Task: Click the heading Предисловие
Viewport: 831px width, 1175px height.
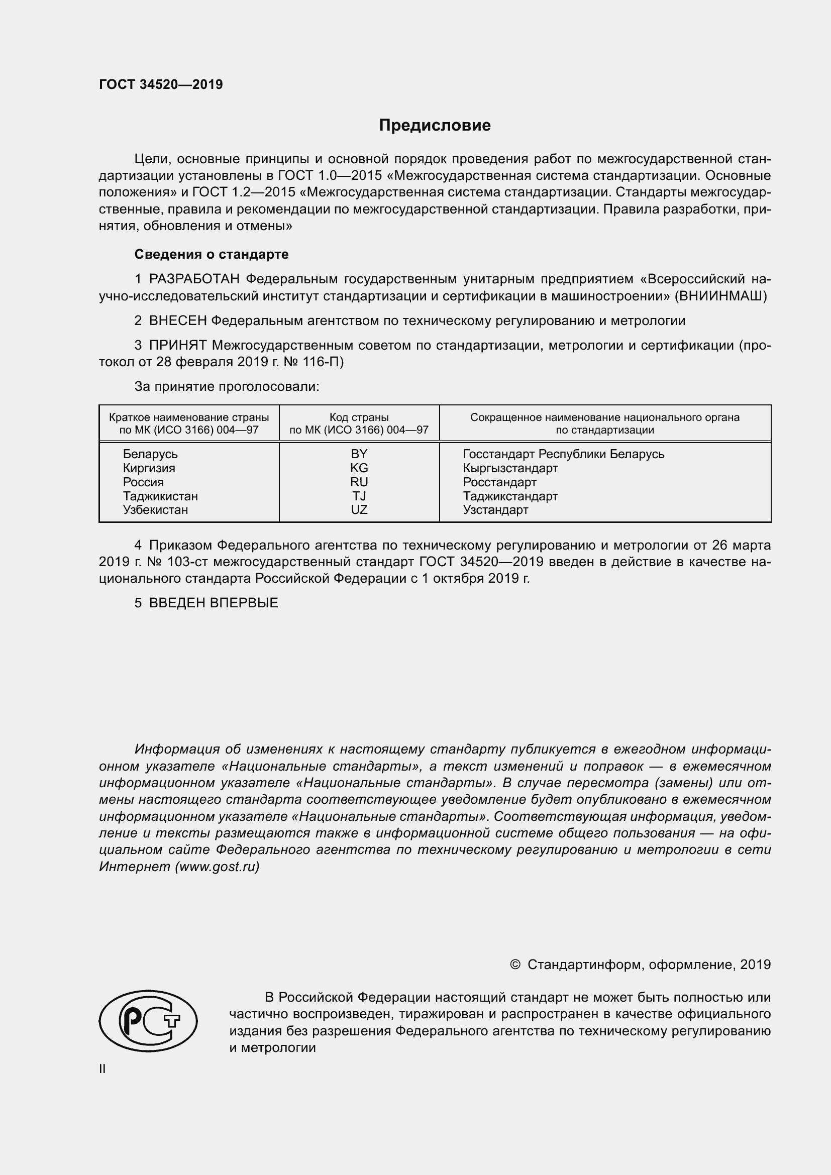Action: (x=435, y=126)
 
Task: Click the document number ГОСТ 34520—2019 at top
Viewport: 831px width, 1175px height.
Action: (x=161, y=84)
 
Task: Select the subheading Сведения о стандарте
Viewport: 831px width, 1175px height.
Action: (x=212, y=254)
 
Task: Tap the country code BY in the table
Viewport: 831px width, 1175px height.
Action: (x=359, y=454)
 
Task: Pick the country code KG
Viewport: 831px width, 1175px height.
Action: (x=359, y=468)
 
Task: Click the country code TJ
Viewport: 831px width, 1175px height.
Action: (x=359, y=496)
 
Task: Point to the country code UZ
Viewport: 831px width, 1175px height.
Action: (x=359, y=510)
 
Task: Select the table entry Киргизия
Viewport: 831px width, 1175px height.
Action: (x=148, y=468)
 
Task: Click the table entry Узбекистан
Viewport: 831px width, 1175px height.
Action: (x=155, y=510)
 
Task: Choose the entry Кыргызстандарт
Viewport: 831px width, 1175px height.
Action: (x=509, y=468)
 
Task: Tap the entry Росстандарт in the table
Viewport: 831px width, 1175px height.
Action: (x=499, y=482)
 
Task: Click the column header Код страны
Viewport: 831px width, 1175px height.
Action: (x=359, y=417)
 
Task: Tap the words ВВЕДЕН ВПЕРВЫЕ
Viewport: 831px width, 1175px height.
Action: (x=214, y=603)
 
